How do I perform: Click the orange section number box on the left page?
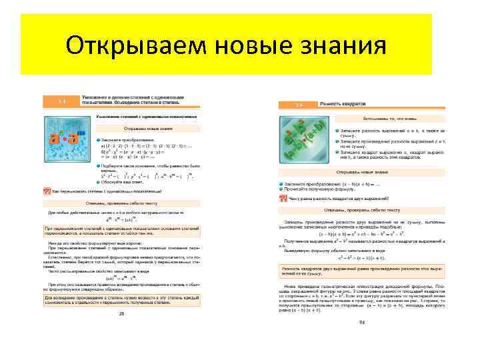point(61,101)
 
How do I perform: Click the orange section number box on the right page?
point(299,104)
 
